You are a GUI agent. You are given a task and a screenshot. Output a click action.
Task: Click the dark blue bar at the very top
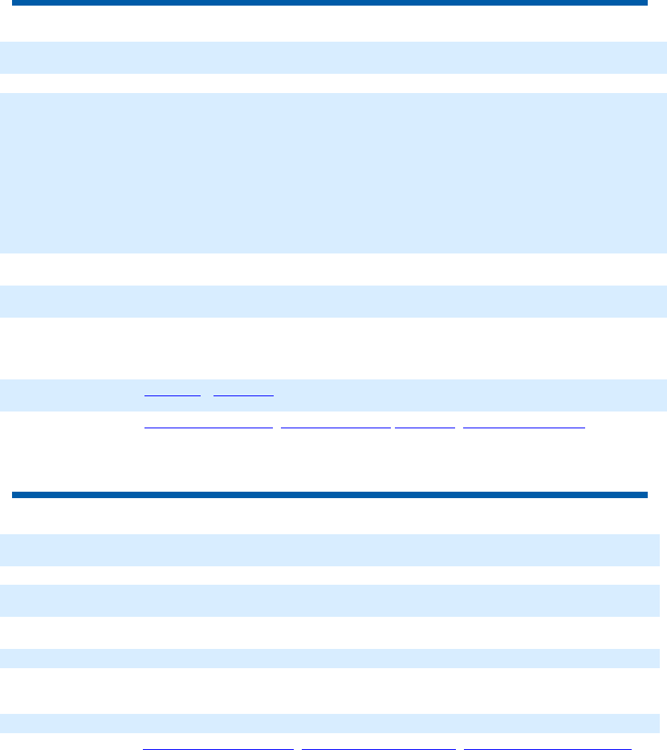[329, 3]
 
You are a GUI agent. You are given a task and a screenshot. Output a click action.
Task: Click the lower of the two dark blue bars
[329, 494]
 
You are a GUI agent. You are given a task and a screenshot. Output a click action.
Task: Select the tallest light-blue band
[333, 173]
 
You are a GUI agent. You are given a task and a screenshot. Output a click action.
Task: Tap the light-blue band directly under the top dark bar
[333, 58]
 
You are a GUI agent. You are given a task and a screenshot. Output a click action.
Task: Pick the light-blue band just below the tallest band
[333, 302]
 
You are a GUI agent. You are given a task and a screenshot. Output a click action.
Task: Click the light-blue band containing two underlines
[333, 395]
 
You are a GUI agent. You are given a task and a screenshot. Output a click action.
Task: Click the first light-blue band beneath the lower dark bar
[329, 550]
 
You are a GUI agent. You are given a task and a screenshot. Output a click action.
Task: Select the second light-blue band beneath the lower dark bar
[329, 600]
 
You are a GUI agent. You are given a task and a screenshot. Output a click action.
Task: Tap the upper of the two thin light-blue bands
[329, 659]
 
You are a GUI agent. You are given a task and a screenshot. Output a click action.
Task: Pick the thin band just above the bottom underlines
[329, 724]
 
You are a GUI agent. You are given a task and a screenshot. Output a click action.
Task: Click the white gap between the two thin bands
[329, 691]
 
